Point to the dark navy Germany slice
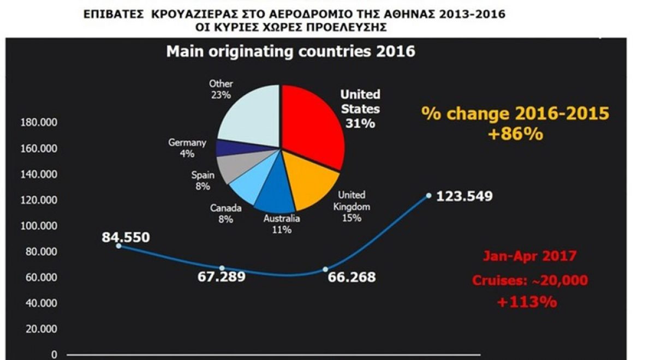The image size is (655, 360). coord(228,148)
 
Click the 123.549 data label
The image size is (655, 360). coord(464,196)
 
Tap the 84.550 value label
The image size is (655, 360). coord(126,237)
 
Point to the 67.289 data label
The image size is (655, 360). coord(221,277)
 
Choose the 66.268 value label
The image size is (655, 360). coord(352,277)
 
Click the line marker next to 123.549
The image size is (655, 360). coord(429,195)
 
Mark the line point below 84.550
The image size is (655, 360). coord(118,246)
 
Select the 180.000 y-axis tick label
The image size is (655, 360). coord(38,123)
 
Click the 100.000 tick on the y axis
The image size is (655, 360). coord(38,226)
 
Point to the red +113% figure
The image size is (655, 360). coord(527,302)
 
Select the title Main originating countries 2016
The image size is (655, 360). coord(290,52)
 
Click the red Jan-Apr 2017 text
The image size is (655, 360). coord(529,255)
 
